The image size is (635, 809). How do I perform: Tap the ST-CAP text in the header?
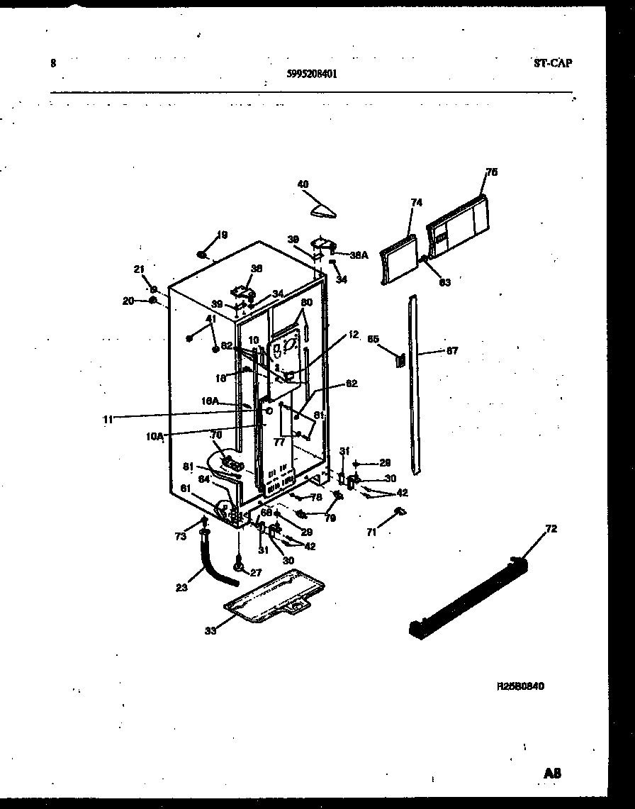[x=552, y=62]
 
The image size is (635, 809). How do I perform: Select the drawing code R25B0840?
[x=521, y=686]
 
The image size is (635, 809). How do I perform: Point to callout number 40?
[x=303, y=184]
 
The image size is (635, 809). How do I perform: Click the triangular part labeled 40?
[x=324, y=208]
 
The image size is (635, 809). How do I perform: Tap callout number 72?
[x=551, y=528]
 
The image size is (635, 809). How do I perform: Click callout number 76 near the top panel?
[x=491, y=172]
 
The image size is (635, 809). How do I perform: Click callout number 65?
[x=373, y=339]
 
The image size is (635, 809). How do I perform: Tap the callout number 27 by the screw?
[x=257, y=572]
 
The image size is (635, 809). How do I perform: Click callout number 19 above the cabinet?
[x=221, y=235]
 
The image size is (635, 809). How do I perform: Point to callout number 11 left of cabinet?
[x=107, y=420]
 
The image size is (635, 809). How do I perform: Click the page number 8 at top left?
[x=53, y=62]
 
